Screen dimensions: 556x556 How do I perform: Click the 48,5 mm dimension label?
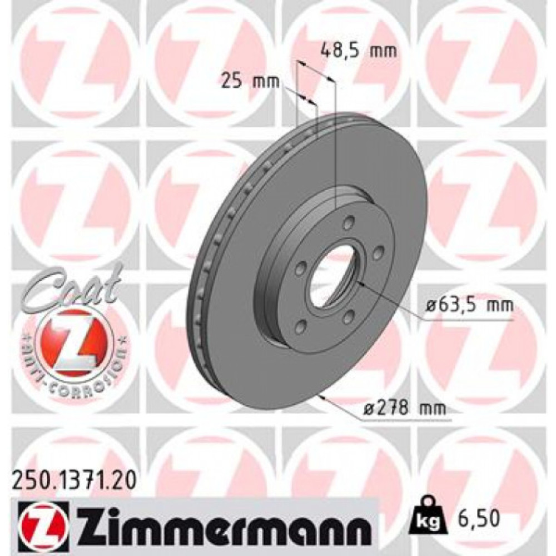[359, 52]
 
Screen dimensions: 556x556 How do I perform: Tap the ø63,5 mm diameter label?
[466, 305]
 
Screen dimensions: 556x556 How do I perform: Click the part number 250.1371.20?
[73, 478]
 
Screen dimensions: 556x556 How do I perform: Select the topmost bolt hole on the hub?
[348, 224]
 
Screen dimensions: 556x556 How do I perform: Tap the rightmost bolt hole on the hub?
[379, 253]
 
